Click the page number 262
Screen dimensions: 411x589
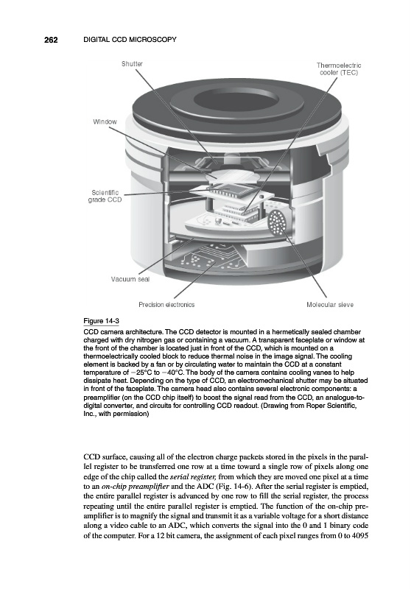[x=51, y=40]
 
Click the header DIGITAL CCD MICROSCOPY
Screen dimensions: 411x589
[x=130, y=40]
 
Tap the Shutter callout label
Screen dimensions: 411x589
[x=133, y=64]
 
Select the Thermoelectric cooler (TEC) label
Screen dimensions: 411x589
[x=339, y=69]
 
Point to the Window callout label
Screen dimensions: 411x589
[x=105, y=121]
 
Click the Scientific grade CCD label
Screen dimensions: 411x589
[x=105, y=196]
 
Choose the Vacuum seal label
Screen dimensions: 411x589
[x=130, y=279]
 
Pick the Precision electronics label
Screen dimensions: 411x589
[x=166, y=305]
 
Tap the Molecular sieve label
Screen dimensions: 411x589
[x=330, y=305]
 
